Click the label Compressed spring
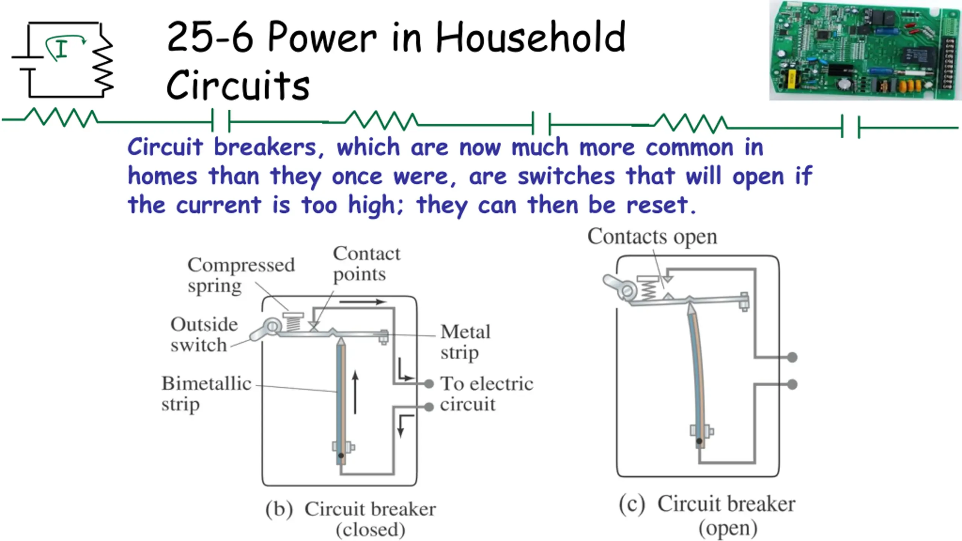tap(241, 275)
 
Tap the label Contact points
tap(366, 264)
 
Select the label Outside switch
tap(204, 334)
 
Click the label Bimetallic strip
tap(206, 393)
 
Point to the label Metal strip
tap(465, 342)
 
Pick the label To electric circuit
tap(486, 394)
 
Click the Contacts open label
tap(652, 237)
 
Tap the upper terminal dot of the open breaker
tap(792, 357)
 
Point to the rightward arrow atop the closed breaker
tap(363, 302)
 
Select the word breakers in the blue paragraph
tap(265, 147)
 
